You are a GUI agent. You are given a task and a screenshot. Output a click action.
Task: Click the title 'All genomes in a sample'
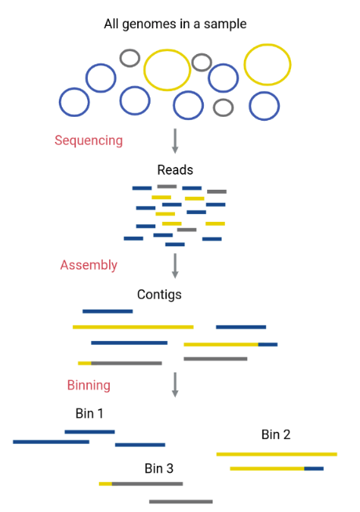coord(175,24)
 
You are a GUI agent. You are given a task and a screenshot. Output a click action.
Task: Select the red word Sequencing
coord(89,140)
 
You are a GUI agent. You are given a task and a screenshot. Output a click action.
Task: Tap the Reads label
coord(175,170)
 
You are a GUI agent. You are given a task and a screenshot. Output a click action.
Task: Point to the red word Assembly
coord(89,265)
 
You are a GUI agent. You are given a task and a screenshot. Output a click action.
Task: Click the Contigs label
coord(159,295)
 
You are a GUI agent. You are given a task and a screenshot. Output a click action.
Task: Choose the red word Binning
coord(89,385)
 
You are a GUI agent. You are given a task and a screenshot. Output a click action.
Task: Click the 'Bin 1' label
coord(89,413)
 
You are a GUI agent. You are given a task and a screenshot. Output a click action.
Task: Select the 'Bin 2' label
coord(276,434)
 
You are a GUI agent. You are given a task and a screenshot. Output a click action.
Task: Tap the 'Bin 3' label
coord(158,469)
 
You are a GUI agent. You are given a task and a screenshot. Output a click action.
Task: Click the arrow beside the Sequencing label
coord(175,140)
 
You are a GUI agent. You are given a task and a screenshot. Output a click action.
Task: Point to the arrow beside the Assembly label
coord(175,266)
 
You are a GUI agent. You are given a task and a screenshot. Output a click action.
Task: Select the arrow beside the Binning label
coord(175,385)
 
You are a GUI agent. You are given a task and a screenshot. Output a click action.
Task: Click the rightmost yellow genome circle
coord(267,45)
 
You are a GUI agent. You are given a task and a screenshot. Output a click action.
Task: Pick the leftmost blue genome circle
coord(60,102)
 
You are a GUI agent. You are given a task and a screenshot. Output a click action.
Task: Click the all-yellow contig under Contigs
coord(133,327)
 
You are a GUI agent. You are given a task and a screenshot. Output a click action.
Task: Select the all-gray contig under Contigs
coord(215,359)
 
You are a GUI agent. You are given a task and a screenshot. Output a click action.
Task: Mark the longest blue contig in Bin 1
coord(51,441)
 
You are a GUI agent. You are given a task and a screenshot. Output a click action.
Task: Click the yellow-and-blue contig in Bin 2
coord(277,469)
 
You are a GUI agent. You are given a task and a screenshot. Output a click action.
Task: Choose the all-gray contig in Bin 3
coord(180,502)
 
